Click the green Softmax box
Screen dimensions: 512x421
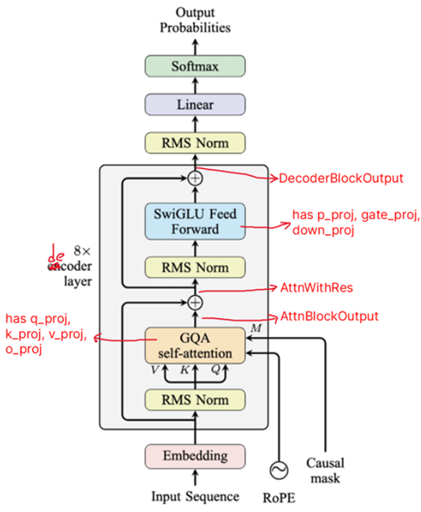click(195, 66)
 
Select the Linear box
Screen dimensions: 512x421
click(195, 105)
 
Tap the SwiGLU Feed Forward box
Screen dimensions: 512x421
click(195, 221)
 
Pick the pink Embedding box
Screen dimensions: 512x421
click(195, 455)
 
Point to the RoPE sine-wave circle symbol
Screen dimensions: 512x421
click(278, 470)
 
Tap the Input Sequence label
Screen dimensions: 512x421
click(195, 496)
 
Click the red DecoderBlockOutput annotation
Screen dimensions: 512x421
click(341, 178)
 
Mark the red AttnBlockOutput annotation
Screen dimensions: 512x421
click(329, 316)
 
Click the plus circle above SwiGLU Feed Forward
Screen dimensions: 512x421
click(195, 178)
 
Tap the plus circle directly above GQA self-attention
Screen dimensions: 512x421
click(195, 302)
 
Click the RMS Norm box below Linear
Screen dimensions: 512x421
click(195, 144)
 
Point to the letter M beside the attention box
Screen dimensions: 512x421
click(257, 329)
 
